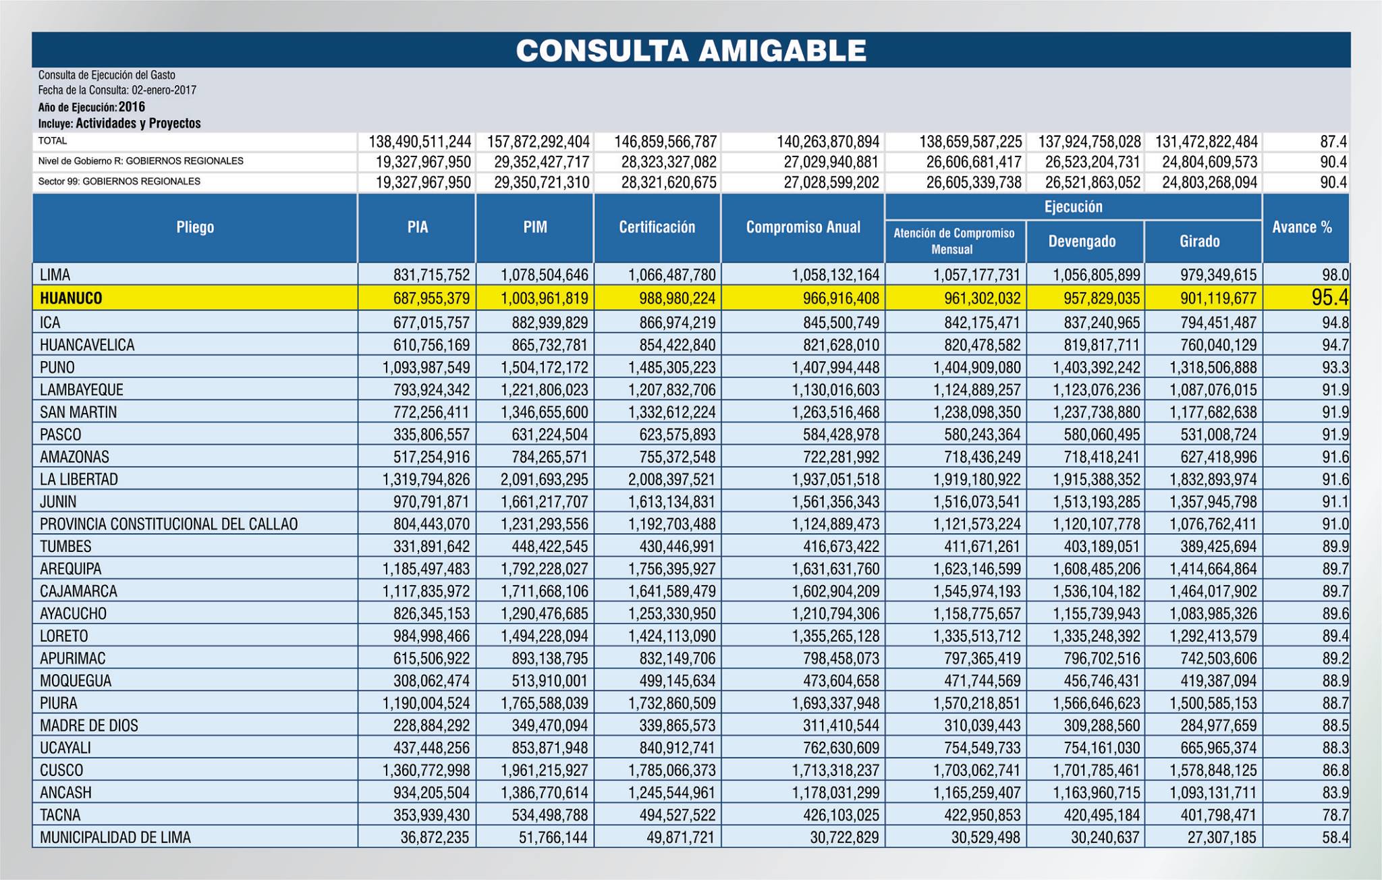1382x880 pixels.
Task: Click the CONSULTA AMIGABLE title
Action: (690, 50)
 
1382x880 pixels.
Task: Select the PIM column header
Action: (535, 227)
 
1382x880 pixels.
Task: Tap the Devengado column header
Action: (1082, 242)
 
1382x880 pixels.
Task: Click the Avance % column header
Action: (1302, 227)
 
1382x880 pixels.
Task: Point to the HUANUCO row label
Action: (71, 298)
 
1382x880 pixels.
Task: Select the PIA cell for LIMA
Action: (432, 275)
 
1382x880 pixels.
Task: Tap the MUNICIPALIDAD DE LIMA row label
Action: (115, 837)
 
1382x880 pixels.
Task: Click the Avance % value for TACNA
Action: (1335, 815)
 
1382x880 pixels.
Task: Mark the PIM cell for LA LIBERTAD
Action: (545, 480)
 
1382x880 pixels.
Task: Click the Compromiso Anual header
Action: (803, 227)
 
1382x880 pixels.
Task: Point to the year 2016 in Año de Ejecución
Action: (132, 107)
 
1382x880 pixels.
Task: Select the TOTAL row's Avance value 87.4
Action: (1335, 142)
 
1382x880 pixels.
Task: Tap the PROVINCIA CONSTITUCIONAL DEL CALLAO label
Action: (169, 524)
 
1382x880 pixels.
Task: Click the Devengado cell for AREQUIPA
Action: (1097, 569)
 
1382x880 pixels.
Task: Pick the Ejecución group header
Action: (1073, 207)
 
